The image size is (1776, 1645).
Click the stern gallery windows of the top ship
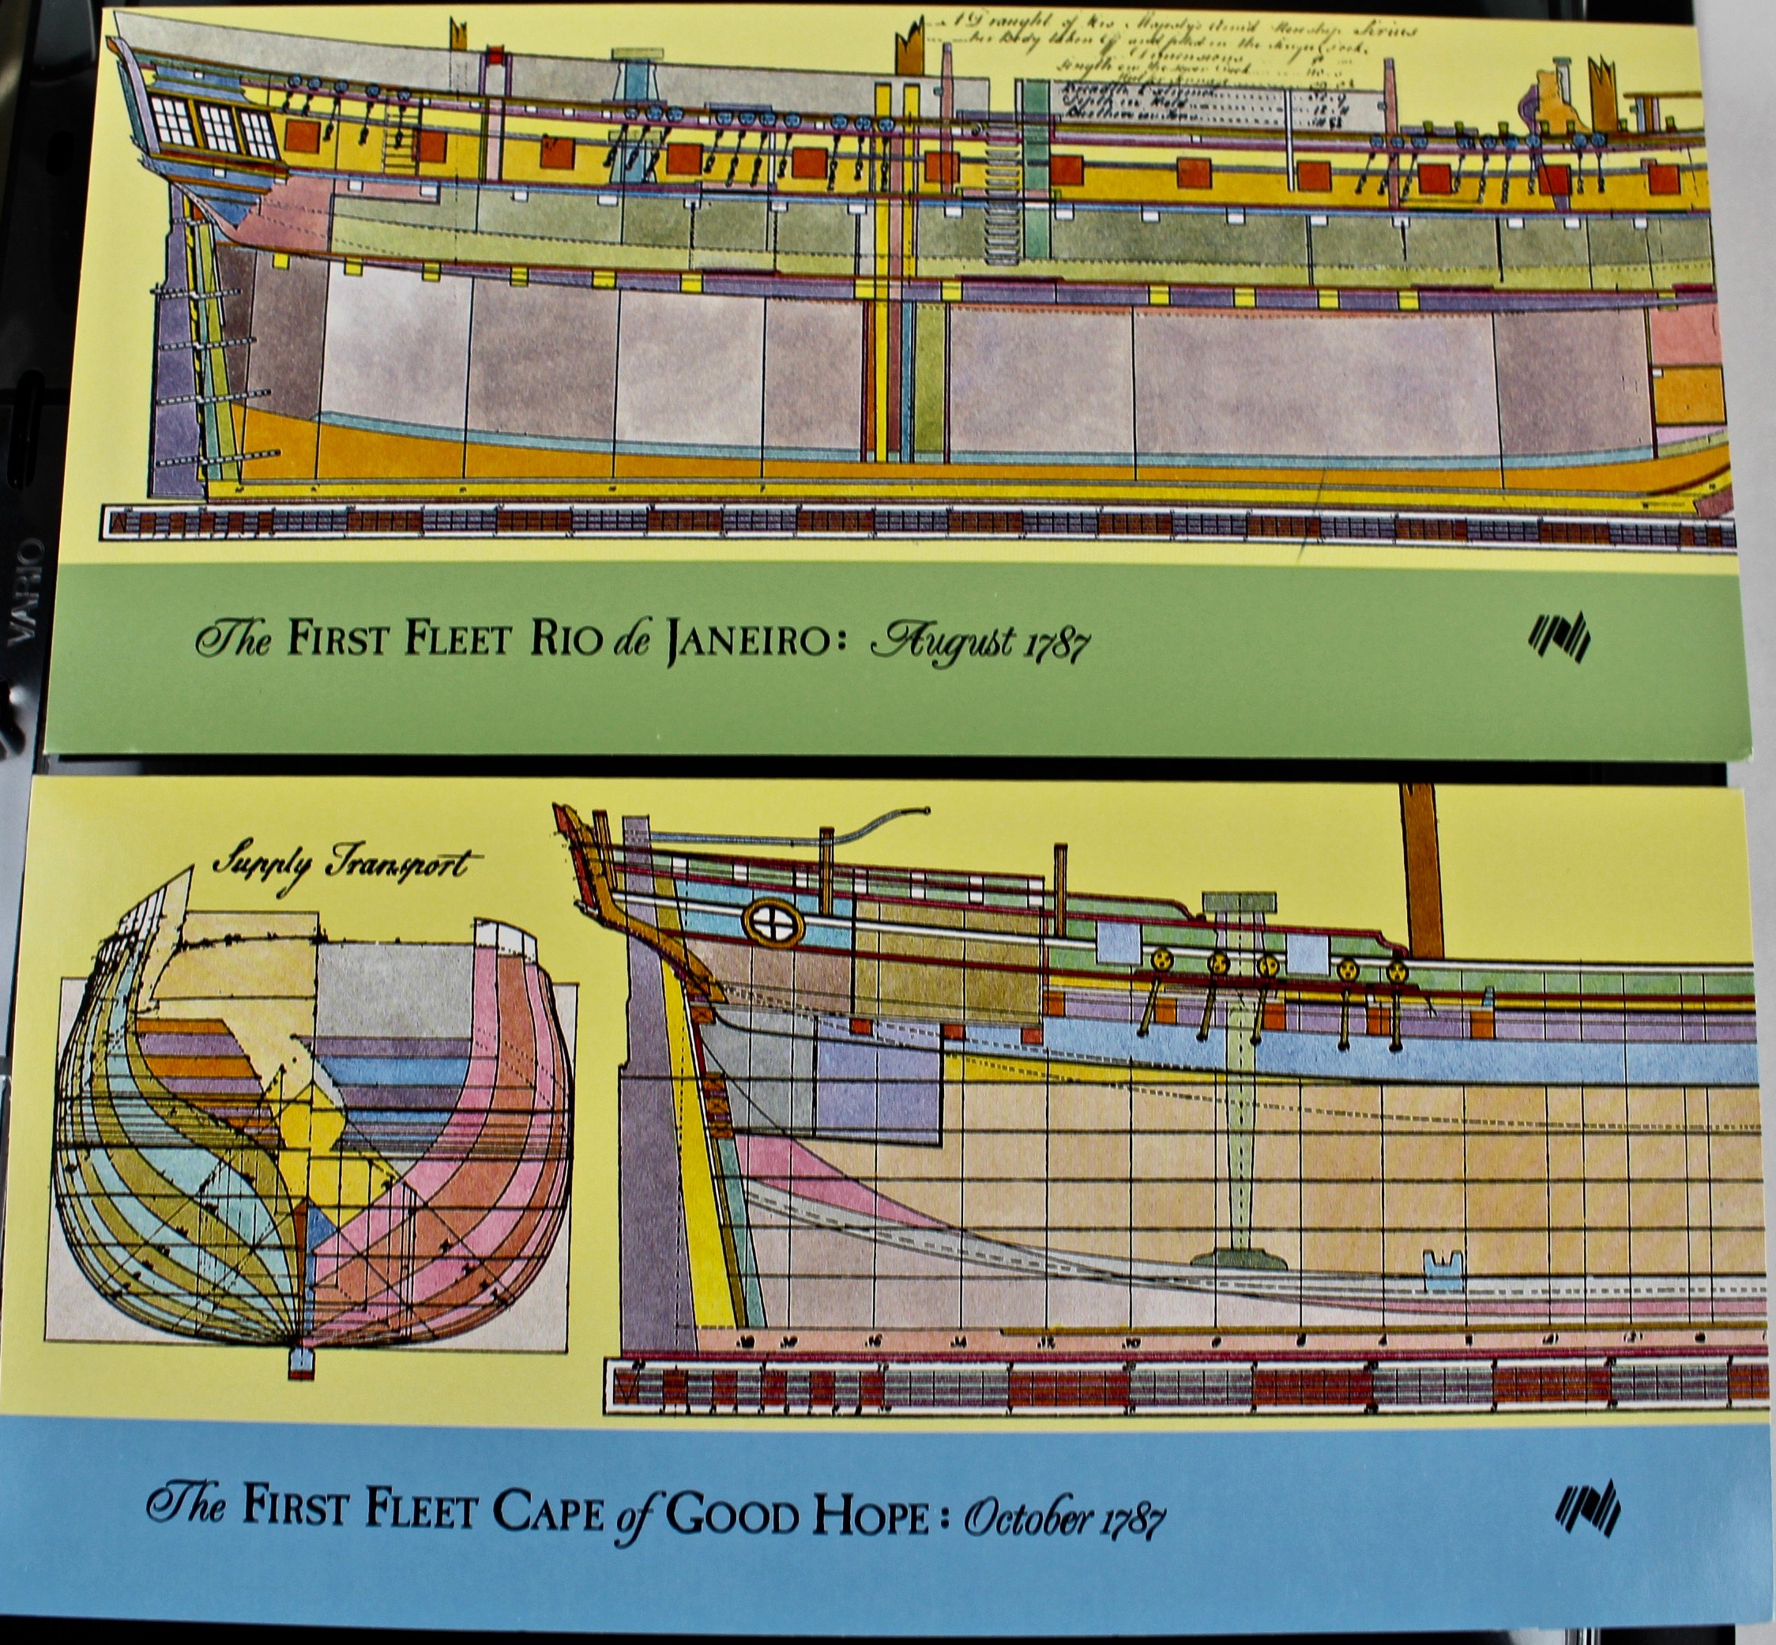[x=213, y=129]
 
